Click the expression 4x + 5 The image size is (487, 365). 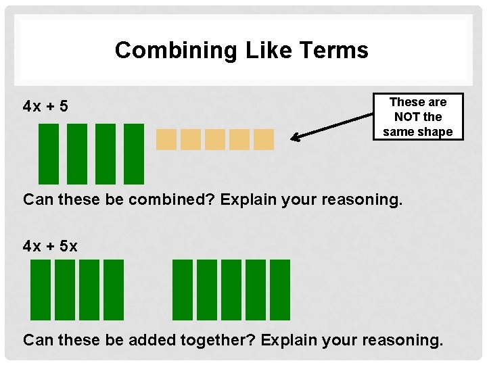click(45, 106)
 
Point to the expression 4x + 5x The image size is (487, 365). click(50, 247)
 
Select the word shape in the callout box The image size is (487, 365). click(436, 132)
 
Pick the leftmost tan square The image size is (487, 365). click(166, 139)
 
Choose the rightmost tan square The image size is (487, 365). click(263, 139)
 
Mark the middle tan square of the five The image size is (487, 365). click(214, 139)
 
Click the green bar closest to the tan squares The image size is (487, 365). click(135, 153)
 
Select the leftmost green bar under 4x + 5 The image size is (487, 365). click(48, 153)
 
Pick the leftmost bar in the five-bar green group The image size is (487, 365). click(183, 290)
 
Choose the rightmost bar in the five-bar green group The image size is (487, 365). click(280, 290)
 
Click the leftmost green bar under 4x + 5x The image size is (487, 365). click(41, 290)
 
